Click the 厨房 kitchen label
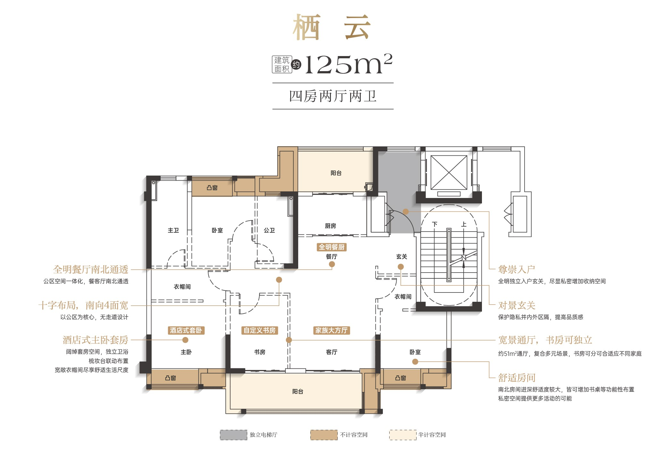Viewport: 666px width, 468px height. click(330, 226)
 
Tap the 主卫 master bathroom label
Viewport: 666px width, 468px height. click(173, 230)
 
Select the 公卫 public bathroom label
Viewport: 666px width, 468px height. click(269, 230)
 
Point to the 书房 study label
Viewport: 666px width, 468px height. click(260, 352)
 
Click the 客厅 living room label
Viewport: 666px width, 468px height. click(332, 352)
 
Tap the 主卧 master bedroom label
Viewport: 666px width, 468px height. click(186, 352)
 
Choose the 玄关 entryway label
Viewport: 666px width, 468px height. click(401, 257)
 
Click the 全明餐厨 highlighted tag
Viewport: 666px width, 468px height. click(332, 247)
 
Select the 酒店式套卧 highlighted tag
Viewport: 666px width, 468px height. click(186, 330)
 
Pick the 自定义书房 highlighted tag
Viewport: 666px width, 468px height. click(259, 330)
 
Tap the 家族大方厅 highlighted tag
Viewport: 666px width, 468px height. click(331, 330)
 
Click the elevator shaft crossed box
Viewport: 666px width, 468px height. click(449, 173)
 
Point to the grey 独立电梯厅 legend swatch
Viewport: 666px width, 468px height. click(233, 435)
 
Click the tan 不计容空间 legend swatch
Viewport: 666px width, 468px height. click(324, 435)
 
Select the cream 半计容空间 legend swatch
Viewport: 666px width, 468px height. click(403, 435)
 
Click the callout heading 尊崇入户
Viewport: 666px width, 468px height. click(517, 269)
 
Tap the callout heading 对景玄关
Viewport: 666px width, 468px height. click(517, 305)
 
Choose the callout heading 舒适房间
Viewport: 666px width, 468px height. click(517, 378)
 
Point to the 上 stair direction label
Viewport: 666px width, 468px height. click(464, 224)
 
